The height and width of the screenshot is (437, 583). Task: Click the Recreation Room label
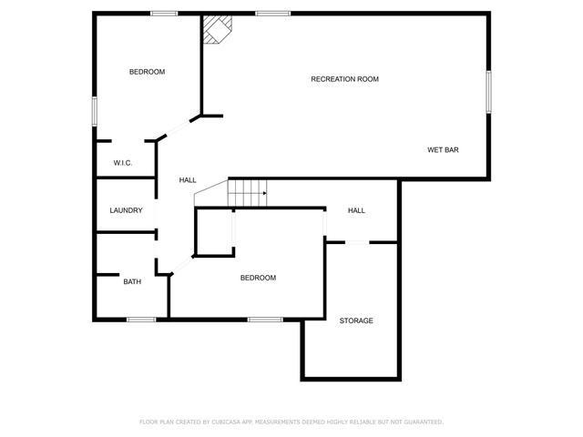click(344, 79)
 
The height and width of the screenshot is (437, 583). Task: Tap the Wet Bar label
click(443, 150)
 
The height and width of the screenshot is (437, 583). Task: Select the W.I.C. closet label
click(123, 163)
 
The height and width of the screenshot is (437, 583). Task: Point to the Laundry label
click(126, 210)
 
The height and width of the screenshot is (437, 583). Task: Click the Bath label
click(132, 281)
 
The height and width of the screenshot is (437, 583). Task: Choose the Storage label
click(356, 320)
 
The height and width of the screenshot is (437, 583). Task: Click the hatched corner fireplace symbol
click(217, 29)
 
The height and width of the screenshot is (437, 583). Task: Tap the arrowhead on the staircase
click(265, 193)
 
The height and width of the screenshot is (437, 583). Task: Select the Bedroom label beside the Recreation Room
click(148, 72)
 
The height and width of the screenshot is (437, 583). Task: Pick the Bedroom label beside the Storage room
click(258, 278)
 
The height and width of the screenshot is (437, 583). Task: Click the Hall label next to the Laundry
click(188, 180)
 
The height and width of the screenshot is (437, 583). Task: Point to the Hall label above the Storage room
click(356, 210)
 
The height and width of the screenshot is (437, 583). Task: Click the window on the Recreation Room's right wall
click(488, 92)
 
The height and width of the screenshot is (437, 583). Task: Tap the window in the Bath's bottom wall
click(141, 320)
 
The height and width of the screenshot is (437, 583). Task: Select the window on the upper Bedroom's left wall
click(95, 111)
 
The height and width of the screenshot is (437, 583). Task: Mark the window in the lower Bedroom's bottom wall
click(265, 320)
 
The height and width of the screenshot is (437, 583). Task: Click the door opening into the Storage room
click(357, 243)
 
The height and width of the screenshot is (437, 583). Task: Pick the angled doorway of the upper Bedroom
click(179, 128)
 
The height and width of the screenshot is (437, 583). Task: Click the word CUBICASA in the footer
click(225, 422)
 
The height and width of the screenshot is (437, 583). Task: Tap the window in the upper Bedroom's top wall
click(164, 14)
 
